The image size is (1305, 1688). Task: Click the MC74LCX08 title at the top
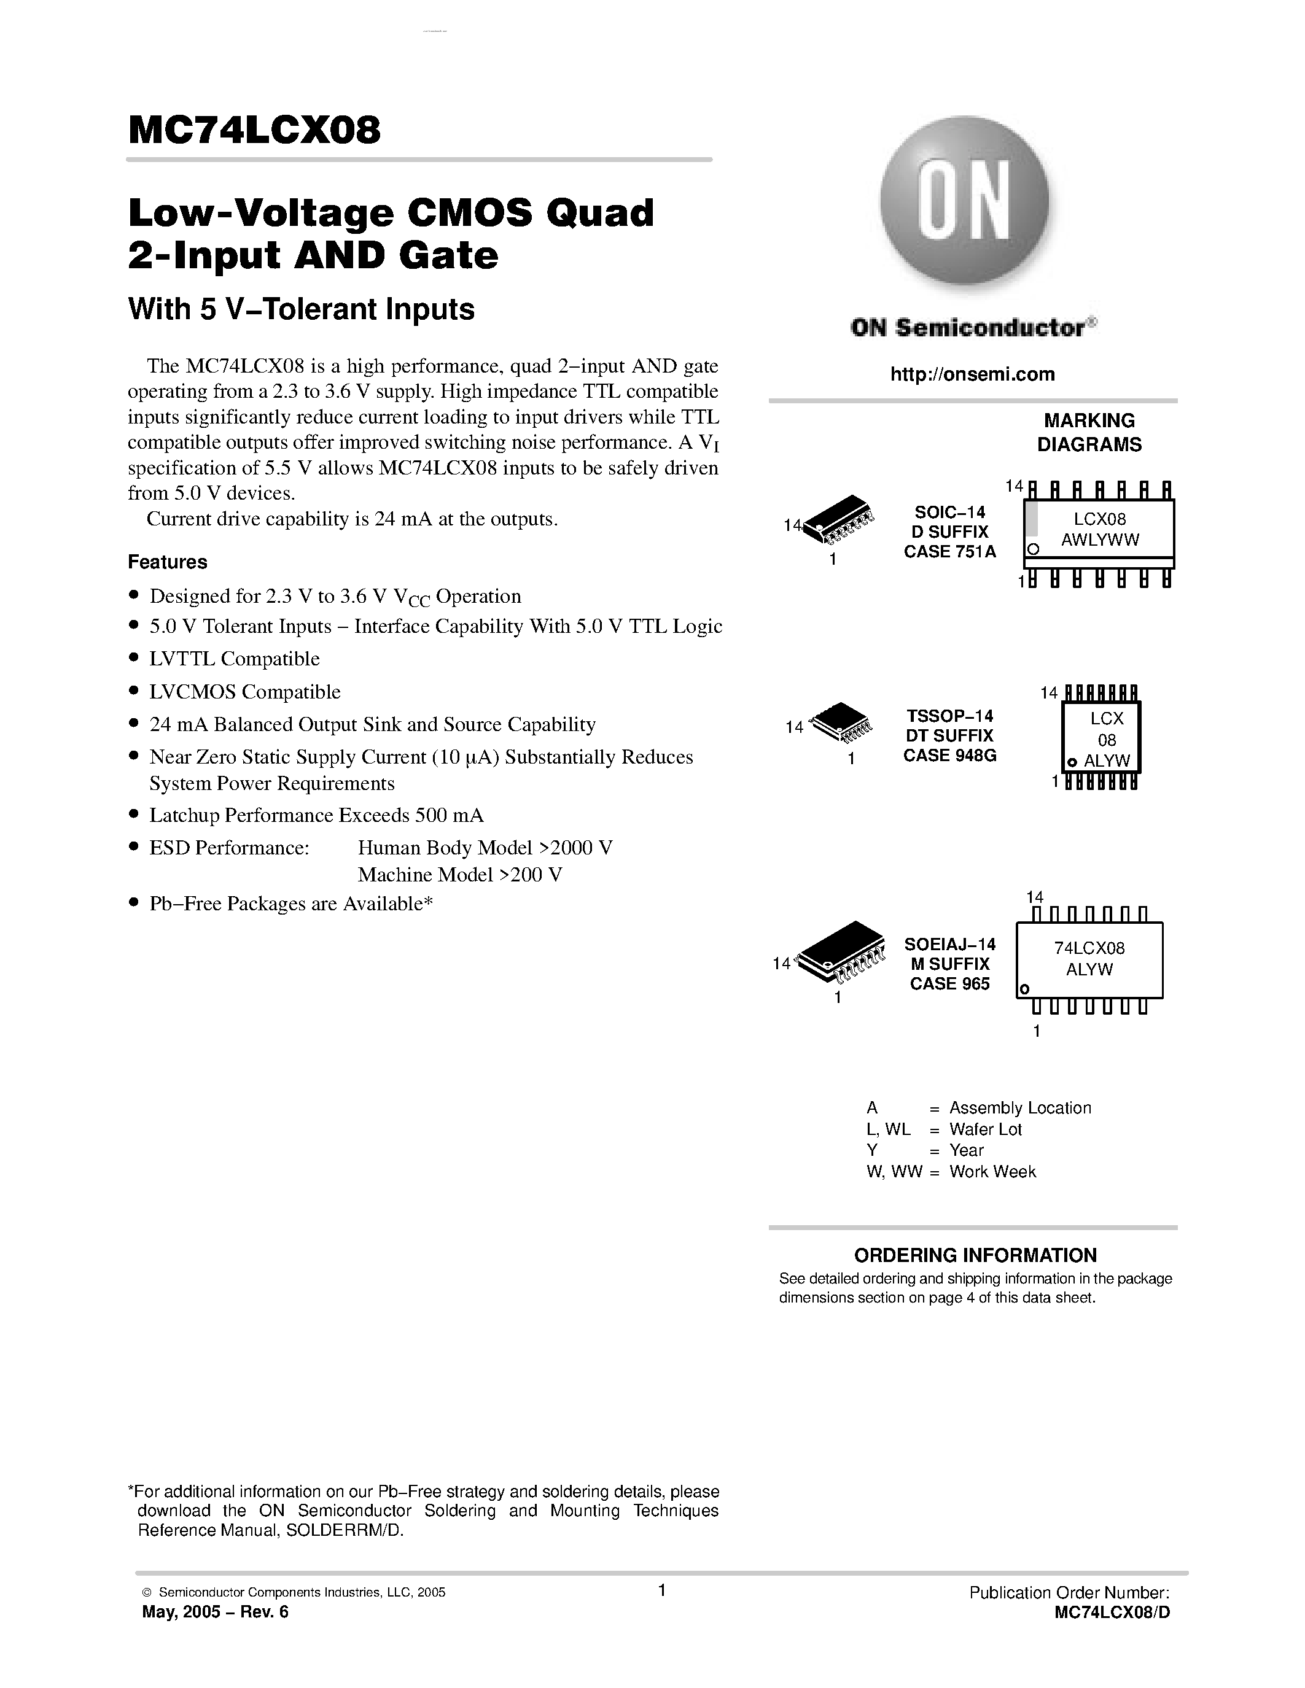254,131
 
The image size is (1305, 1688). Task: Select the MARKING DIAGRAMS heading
1089,433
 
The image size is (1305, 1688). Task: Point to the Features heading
168,562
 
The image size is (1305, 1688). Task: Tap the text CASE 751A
950,552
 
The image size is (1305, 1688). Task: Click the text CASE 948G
949,756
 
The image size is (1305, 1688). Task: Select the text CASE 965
949,984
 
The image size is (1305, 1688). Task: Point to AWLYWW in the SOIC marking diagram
1100,540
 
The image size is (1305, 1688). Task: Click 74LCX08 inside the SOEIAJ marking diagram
1089,948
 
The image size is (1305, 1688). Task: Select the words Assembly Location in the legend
1019,1107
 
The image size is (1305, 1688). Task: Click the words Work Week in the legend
992,1171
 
